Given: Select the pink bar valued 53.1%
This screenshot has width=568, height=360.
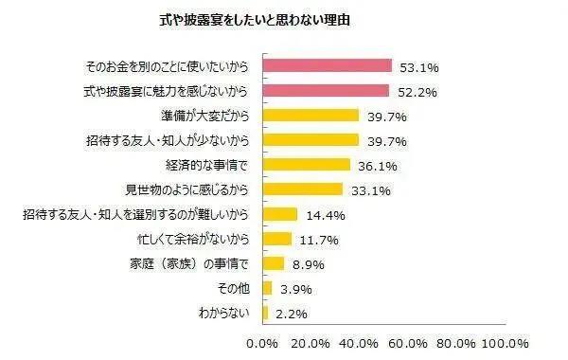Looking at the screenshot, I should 327,66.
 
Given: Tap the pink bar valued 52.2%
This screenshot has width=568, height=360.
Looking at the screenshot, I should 326,91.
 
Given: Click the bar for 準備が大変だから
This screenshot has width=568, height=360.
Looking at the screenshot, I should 311,116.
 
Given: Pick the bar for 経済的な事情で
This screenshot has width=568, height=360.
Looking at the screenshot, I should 306,165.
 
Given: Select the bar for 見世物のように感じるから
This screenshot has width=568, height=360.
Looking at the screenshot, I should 302,189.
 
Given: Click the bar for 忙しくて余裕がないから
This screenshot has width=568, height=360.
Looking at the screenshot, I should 275,239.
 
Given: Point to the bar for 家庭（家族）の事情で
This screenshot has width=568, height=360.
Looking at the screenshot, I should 273,263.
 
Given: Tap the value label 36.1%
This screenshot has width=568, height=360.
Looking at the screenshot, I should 375,166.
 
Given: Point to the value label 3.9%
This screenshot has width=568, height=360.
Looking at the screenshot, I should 295,289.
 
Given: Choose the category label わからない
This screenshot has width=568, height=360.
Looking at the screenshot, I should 225,313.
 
